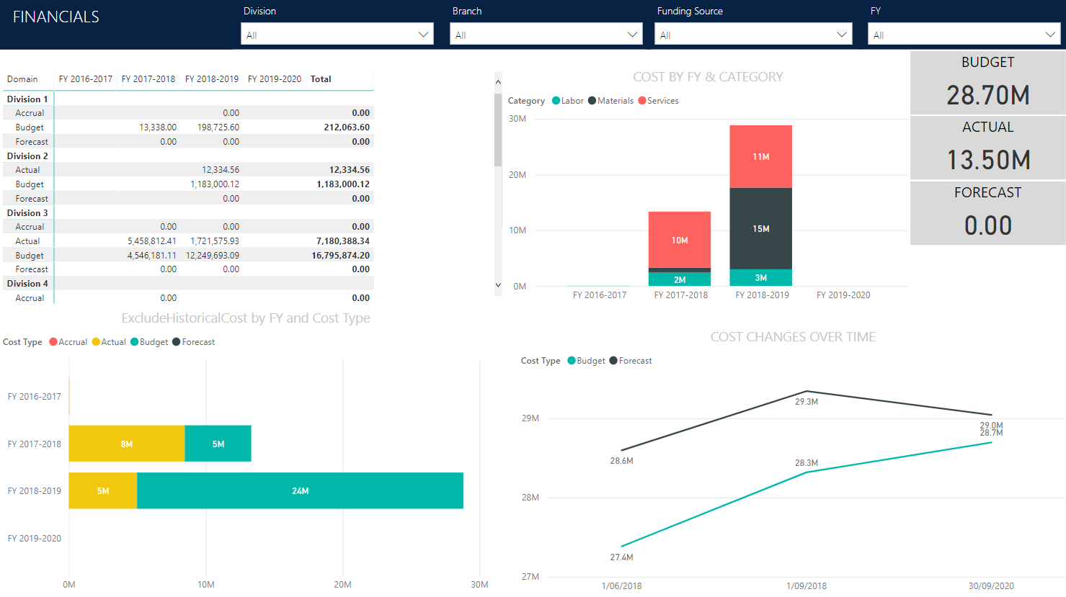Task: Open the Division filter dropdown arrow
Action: [x=423, y=35]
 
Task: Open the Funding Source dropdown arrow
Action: [x=841, y=35]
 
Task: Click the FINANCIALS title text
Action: [x=56, y=17]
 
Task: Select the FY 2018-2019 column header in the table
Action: [x=211, y=79]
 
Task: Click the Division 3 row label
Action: [x=27, y=213]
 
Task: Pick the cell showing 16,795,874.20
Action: [x=340, y=256]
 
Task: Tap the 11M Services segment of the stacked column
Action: [x=760, y=156]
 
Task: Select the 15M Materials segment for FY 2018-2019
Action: [x=760, y=228]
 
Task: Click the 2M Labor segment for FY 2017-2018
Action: [x=680, y=279]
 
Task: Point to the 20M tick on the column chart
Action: [x=518, y=175]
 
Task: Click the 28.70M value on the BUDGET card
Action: [x=987, y=95]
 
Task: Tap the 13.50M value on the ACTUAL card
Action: [x=987, y=160]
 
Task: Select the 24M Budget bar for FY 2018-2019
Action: [x=300, y=491]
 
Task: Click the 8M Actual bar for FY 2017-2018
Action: [x=126, y=444]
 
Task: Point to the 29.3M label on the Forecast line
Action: [x=806, y=402]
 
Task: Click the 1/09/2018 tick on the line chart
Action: [x=806, y=585]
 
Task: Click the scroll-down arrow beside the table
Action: [x=497, y=285]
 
